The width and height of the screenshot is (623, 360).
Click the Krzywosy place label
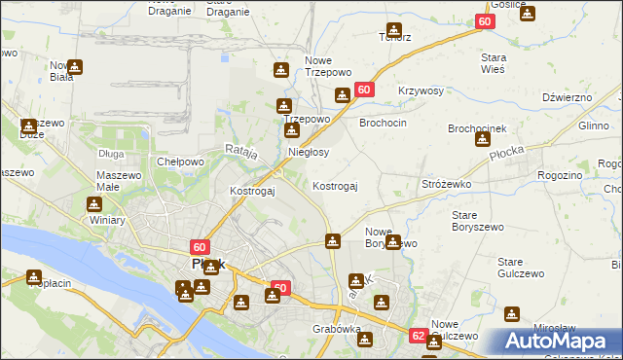(421, 90)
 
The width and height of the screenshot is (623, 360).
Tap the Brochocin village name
(383, 124)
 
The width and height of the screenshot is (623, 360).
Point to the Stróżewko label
(446, 183)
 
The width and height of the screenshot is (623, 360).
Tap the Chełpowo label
(179, 162)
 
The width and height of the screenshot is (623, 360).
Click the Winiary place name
(108, 220)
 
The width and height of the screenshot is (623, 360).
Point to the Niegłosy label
(309, 152)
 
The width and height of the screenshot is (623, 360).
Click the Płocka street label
(506, 153)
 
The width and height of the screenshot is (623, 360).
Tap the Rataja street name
(239, 151)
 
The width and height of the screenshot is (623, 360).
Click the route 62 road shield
(418, 336)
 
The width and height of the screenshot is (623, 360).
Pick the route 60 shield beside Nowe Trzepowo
(364, 89)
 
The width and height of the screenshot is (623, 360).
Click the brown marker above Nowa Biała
(75, 67)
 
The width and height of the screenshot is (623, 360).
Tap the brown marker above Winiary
(94, 204)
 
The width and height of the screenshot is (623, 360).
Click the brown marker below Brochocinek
(482, 139)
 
